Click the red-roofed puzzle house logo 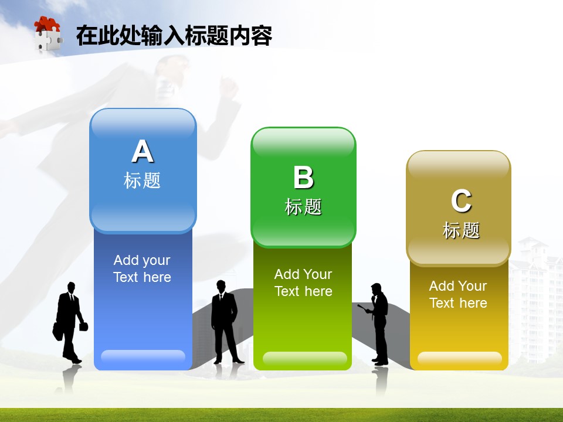point(48,34)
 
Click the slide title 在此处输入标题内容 point(174,36)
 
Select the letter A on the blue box point(143,151)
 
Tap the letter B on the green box point(303,177)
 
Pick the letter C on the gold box point(461,201)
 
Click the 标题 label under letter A point(142,180)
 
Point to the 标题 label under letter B point(303,207)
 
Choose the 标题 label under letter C point(461,230)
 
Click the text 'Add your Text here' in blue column point(142,268)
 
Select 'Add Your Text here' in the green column point(303,283)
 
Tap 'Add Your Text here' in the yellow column point(458,294)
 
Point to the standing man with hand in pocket point(225,322)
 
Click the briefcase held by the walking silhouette point(83,326)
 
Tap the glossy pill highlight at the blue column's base point(143,356)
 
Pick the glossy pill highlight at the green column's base point(305,358)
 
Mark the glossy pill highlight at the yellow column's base point(460,358)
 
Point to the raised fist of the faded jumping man point(228,87)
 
